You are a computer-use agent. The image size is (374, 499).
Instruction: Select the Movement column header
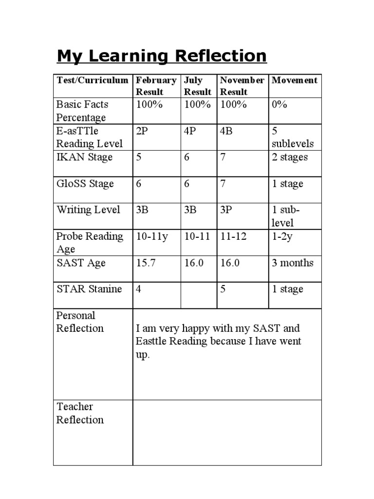294,80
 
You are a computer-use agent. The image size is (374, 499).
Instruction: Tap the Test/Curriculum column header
93,80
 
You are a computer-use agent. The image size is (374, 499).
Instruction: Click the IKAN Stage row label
84,157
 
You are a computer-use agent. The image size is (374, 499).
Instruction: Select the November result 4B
226,131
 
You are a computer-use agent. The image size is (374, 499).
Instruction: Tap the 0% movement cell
280,105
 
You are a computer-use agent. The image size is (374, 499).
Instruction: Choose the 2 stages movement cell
290,157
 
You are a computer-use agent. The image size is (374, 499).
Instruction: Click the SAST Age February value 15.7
145,263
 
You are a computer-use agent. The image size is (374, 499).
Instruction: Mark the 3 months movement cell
293,263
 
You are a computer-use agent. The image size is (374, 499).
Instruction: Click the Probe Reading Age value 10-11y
152,236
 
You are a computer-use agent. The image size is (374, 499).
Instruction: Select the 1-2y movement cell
283,236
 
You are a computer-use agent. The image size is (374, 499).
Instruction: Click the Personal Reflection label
80,322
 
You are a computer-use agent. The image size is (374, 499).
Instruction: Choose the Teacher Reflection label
80,413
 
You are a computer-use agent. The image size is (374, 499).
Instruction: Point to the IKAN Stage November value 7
223,157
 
